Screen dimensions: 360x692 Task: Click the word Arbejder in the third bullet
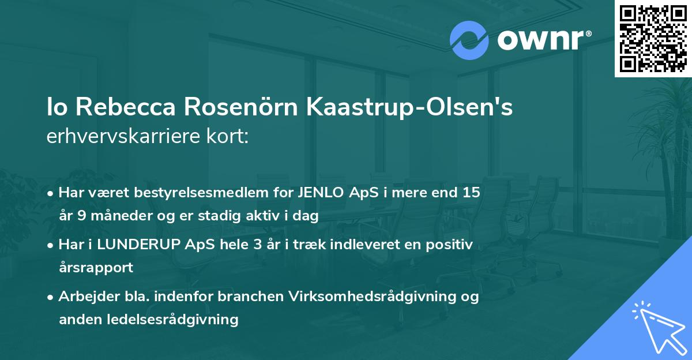(x=83, y=297)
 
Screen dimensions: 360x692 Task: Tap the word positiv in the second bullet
(x=452, y=245)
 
